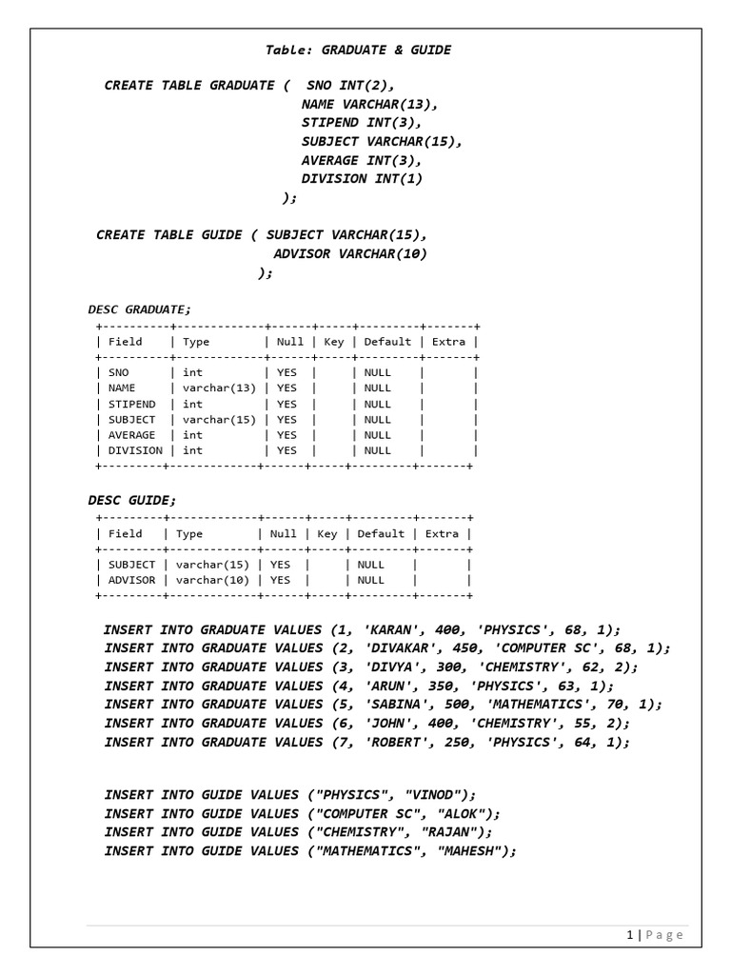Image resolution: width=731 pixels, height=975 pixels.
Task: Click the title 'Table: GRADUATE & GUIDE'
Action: coord(357,50)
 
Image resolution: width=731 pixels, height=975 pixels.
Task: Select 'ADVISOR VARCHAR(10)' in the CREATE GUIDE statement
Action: coord(350,253)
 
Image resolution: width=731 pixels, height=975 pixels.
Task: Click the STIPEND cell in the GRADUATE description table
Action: coord(132,404)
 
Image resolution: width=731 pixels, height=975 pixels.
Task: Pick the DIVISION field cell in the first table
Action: coord(135,450)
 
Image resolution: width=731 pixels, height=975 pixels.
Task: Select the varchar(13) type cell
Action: coord(219,388)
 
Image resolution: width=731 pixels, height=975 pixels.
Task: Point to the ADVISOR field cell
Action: coord(132,580)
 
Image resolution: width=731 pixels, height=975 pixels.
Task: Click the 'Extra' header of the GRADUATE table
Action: coord(448,342)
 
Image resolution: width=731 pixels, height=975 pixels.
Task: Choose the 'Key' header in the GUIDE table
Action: coord(326,534)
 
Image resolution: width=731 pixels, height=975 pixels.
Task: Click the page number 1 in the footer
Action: coord(630,935)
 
